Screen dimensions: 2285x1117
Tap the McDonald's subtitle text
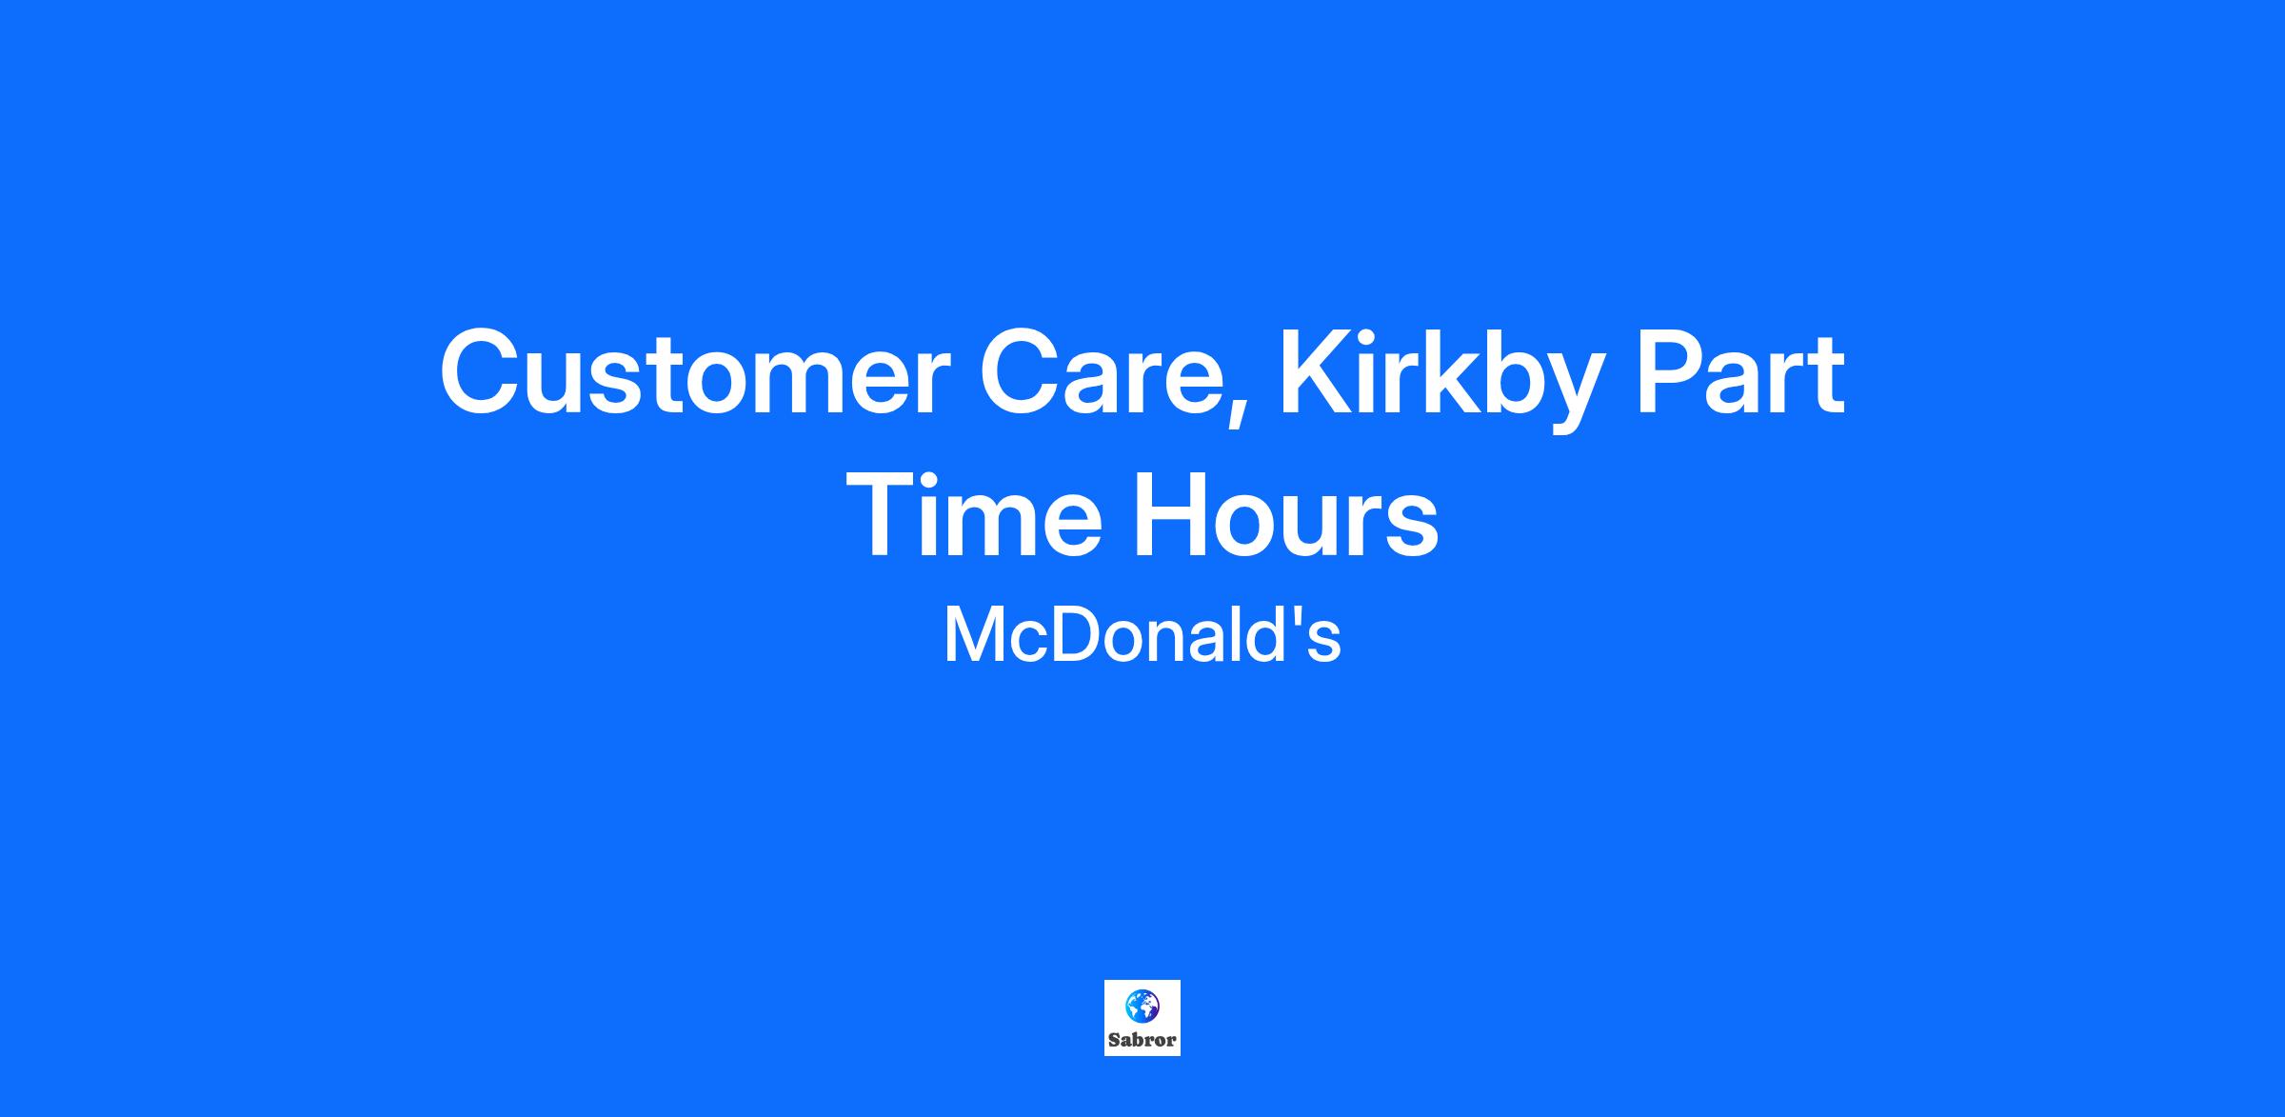pyautogui.click(x=1142, y=635)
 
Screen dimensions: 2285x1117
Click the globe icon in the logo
pyautogui.click(x=1142, y=1006)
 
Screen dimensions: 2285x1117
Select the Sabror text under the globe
pyautogui.click(x=1142, y=1040)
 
